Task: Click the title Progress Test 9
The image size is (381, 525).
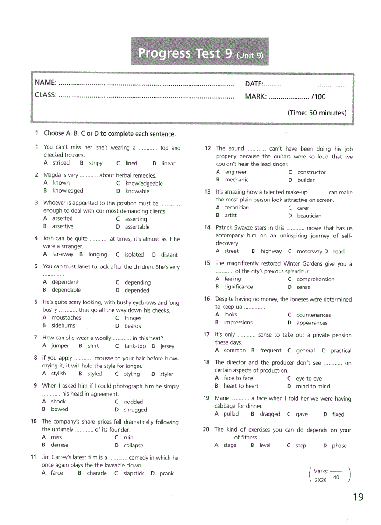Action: coord(184,53)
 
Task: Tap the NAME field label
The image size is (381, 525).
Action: coord(46,83)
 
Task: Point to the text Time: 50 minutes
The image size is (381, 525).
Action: coord(317,113)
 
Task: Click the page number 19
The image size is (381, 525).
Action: coord(358,497)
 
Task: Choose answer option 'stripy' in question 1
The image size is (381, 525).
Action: coord(96,163)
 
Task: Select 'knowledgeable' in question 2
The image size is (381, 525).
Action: coord(144,183)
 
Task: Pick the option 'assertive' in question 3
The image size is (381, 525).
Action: coord(63,226)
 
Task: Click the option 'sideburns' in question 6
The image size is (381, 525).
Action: coord(63,325)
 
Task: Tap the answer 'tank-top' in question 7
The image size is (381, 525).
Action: coord(135,346)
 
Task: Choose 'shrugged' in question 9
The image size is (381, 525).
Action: coord(135,410)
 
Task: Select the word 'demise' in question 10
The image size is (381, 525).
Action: coord(59,445)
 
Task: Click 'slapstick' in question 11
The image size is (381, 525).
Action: coord(134,473)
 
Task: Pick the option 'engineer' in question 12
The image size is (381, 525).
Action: coord(235,172)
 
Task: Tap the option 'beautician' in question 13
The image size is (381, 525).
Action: coord(309,216)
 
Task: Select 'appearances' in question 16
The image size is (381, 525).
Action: coord(312,323)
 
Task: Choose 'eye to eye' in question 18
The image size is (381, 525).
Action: coord(309,379)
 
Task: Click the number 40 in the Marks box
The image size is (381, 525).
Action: coord(336,477)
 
